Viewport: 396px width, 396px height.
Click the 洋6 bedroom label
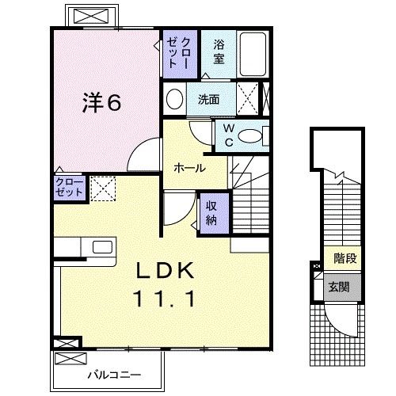102,104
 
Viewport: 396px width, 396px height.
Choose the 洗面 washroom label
208,101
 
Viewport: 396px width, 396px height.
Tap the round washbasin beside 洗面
175,100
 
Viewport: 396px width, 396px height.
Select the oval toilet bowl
252,136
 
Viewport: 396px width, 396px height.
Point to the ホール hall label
190,168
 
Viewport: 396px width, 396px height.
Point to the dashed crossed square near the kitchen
103,188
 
